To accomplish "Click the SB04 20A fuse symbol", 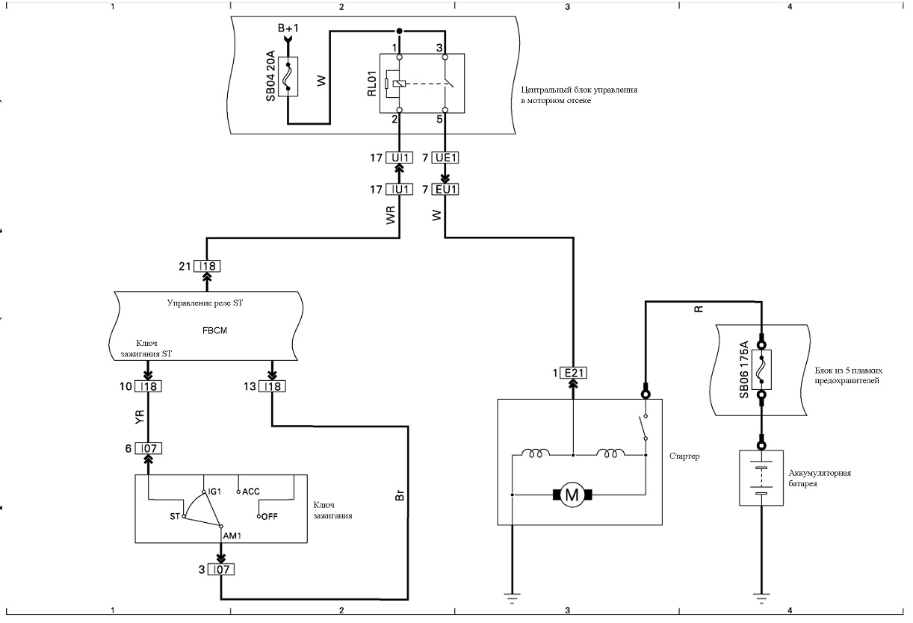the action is click(x=288, y=77).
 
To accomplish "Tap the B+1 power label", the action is click(x=288, y=28).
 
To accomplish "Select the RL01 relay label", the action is click(x=372, y=84).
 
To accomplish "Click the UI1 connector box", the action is click(x=400, y=158).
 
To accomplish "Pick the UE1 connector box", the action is click(x=445, y=158).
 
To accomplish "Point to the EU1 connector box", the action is click(x=445, y=190).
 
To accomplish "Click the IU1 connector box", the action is click(x=400, y=190).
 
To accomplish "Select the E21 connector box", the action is click(x=574, y=373).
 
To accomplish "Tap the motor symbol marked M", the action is click(x=572, y=495).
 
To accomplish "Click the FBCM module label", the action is click(x=214, y=330).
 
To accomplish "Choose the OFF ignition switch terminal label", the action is click(x=270, y=517).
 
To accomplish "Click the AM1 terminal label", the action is click(x=232, y=536).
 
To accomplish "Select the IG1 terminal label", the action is click(x=214, y=492).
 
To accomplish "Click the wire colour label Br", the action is click(x=400, y=495).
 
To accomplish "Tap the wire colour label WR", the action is click(x=391, y=215).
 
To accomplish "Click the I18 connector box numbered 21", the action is click(x=207, y=267).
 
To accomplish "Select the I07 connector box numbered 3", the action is click(x=221, y=570).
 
